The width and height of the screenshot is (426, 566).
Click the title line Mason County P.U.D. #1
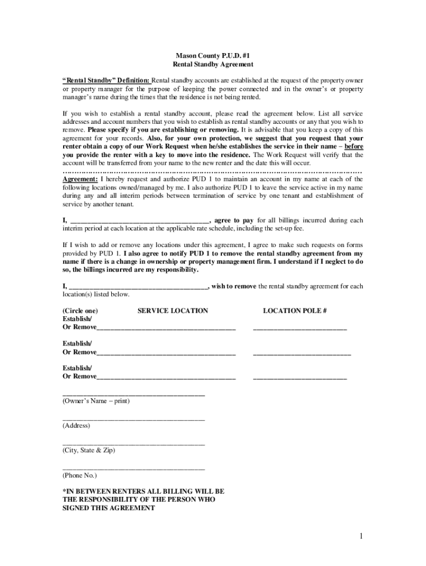(212, 56)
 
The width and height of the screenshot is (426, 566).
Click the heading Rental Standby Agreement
(212, 65)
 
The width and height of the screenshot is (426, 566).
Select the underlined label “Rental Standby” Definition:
(106, 80)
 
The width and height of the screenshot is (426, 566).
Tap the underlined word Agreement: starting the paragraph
(80, 179)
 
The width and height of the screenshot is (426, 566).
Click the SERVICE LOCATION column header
(173, 311)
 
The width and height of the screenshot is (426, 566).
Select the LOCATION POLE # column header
(295, 311)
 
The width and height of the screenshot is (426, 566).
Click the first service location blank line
(166, 330)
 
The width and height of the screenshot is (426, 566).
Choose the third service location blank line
(166, 379)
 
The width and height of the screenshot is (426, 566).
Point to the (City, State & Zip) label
(89, 450)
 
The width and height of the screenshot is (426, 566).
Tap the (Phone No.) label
(80, 475)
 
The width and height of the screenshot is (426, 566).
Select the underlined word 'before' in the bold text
(354, 146)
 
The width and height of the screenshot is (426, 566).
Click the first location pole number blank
(300, 330)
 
